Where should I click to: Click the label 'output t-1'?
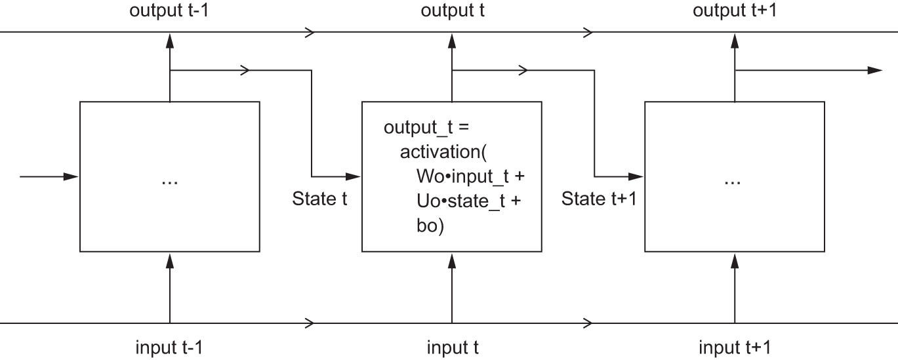click(x=170, y=11)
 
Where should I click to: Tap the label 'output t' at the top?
click(x=453, y=11)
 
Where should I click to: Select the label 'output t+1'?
click(x=735, y=11)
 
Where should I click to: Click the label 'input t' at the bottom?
click(x=453, y=347)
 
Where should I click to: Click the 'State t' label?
click(x=319, y=199)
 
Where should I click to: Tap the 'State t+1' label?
click(x=599, y=199)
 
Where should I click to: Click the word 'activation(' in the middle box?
click(x=443, y=152)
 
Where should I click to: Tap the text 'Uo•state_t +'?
click(x=468, y=201)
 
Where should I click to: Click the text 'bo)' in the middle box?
click(x=430, y=226)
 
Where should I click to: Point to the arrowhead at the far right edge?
click(x=875, y=70)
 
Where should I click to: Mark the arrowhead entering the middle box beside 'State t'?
click(x=354, y=176)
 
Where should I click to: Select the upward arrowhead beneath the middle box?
click(x=452, y=261)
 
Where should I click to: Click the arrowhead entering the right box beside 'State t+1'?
click(x=637, y=176)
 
